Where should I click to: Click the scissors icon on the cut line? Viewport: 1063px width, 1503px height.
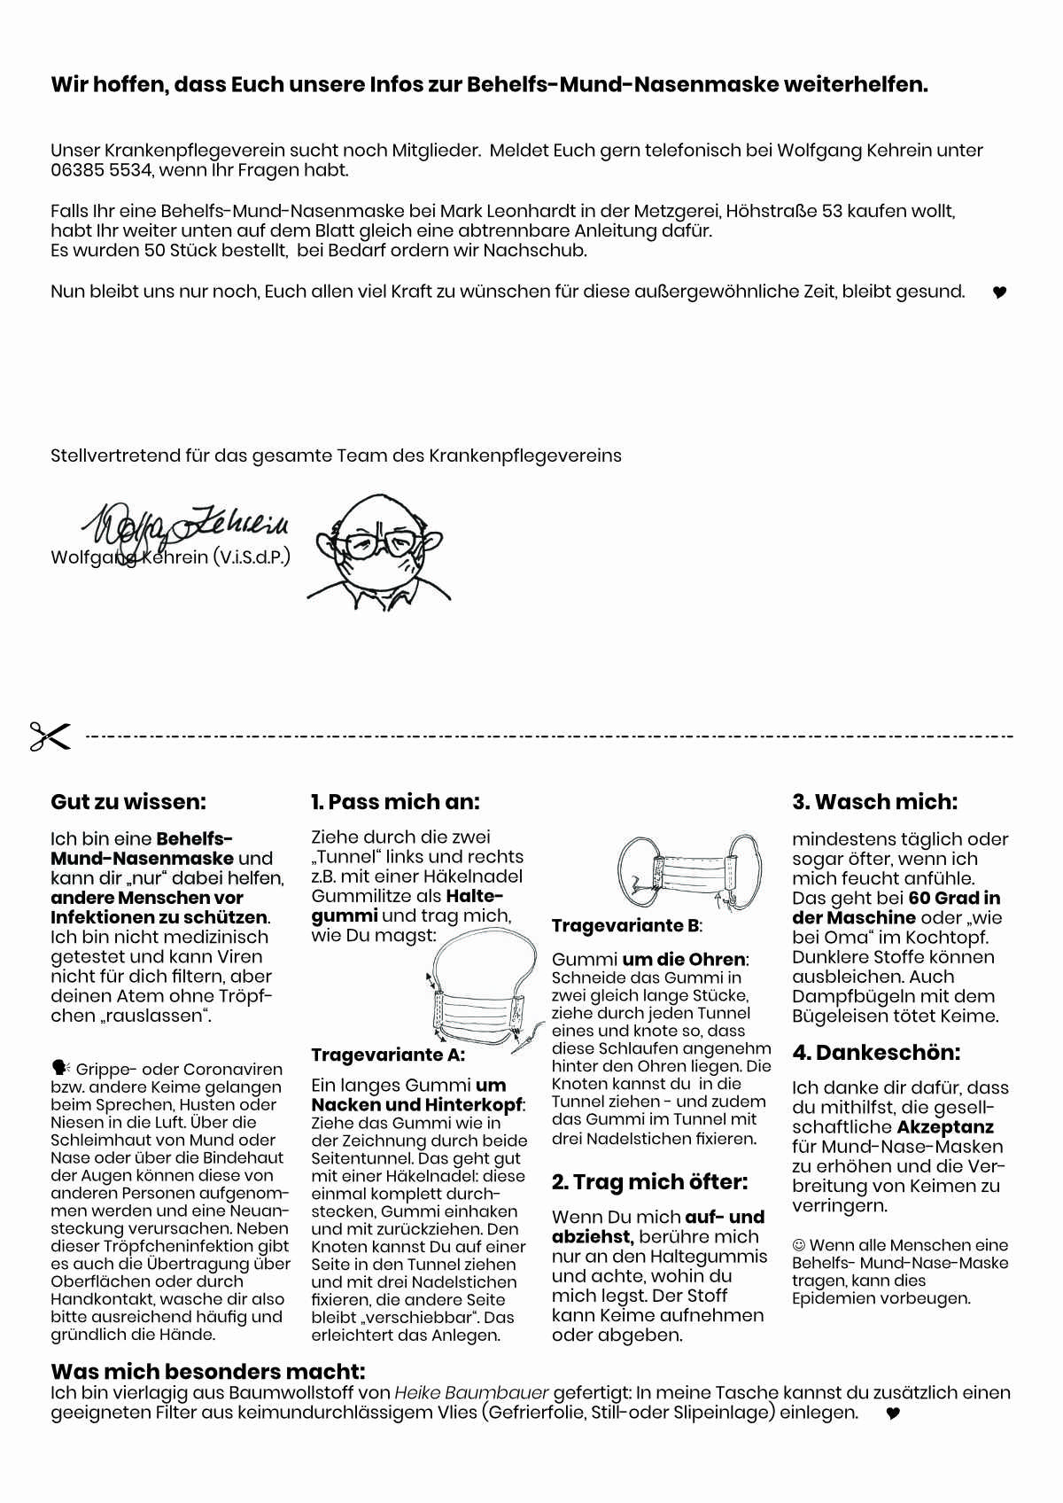[x=50, y=736]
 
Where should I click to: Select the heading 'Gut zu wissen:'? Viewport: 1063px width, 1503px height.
[x=128, y=802]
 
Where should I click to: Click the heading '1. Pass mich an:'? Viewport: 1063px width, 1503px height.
[x=395, y=802]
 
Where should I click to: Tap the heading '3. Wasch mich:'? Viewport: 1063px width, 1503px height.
[x=874, y=802]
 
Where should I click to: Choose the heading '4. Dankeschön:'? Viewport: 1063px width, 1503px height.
[x=876, y=1053]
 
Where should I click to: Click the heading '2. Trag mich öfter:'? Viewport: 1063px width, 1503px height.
[x=649, y=1182]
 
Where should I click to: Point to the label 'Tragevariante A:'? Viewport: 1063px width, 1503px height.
[x=388, y=1055]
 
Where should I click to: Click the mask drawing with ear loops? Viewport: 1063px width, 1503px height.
[x=689, y=872]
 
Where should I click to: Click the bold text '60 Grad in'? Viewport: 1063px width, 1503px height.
[x=954, y=898]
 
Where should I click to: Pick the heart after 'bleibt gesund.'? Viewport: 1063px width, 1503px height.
[x=999, y=292]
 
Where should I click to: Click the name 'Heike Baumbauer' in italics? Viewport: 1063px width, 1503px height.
[x=471, y=1393]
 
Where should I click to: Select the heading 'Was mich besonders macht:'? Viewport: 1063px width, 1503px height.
[x=208, y=1372]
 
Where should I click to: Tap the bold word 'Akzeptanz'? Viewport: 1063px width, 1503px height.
[x=945, y=1127]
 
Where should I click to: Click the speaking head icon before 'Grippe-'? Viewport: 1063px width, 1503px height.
[x=60, y=1068]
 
